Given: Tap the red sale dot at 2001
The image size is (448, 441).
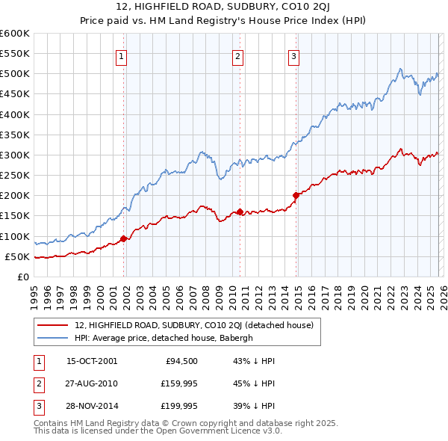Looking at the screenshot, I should tap(124, 238).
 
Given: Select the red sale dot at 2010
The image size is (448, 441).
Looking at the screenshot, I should tap(240, 212).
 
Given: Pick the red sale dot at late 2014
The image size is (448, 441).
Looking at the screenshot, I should tap(296, 195).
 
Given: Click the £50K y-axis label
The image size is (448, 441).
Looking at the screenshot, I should tap(17, 257).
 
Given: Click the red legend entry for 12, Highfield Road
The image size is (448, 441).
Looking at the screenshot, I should tap(198, 325).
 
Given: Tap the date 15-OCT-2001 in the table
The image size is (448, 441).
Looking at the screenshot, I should tap(92, 361).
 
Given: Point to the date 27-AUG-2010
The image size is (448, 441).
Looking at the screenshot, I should tap(92, 383).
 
